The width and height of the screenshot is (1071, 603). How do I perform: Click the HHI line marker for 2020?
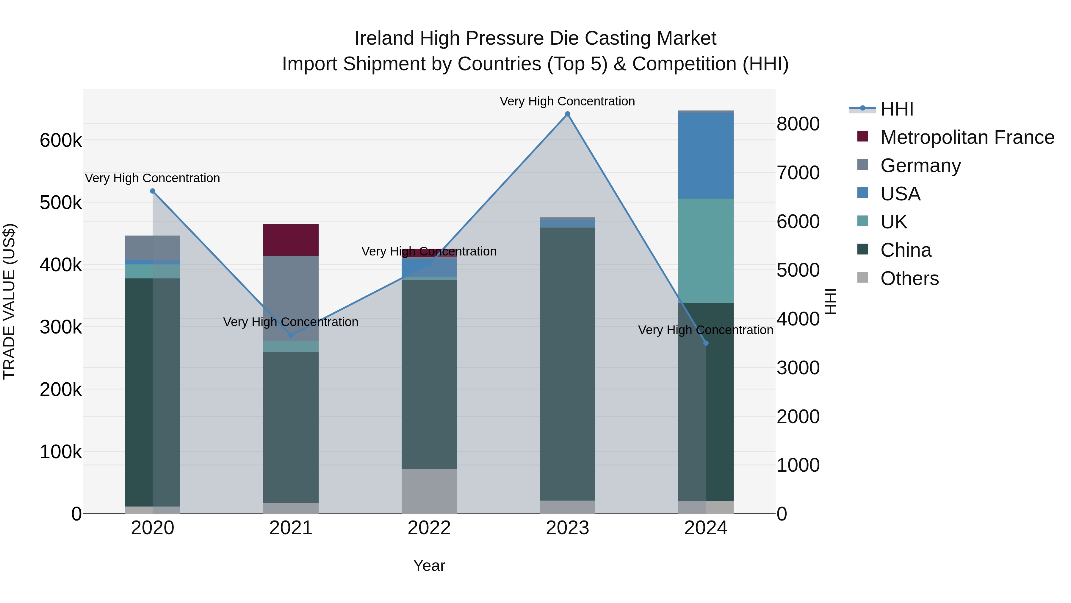coord(153,191)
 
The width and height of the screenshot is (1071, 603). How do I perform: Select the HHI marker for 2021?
coord(291,335)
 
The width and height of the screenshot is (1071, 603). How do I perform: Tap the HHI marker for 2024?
coord(706,343)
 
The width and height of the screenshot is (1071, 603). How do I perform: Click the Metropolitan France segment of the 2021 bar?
coord(291,240)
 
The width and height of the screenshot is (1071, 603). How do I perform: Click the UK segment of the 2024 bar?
coord(706,250)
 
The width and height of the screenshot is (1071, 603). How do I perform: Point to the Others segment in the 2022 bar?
coord(429,491)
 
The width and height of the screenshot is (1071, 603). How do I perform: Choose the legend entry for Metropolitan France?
coord(967,137)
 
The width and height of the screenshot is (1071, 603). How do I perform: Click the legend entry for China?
coord(906,250)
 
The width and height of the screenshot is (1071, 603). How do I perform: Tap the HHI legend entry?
coord(896,109)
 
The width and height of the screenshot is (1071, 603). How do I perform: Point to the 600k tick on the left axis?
coord(61,141)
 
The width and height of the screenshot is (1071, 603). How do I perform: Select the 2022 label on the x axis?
coord(429,528)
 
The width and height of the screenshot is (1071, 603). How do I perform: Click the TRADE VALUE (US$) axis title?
coord(10,301)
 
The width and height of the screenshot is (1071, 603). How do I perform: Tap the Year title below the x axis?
coord(429,565)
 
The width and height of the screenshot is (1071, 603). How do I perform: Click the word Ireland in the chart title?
coord(384,38)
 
